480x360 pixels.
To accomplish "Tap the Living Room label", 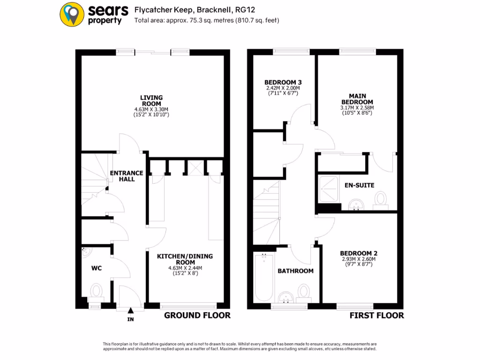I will coord(151,100).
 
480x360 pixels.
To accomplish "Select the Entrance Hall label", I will coord(126,176).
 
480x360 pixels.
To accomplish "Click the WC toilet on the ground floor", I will coord(96,291).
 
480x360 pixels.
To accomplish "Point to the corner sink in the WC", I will coord(86,252).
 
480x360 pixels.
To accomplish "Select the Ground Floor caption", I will coord(197,315).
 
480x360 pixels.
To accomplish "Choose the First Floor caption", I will coord(376,315).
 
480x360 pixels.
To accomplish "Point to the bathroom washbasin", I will coord(285,297).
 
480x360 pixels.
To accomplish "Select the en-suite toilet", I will coord(381,199).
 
